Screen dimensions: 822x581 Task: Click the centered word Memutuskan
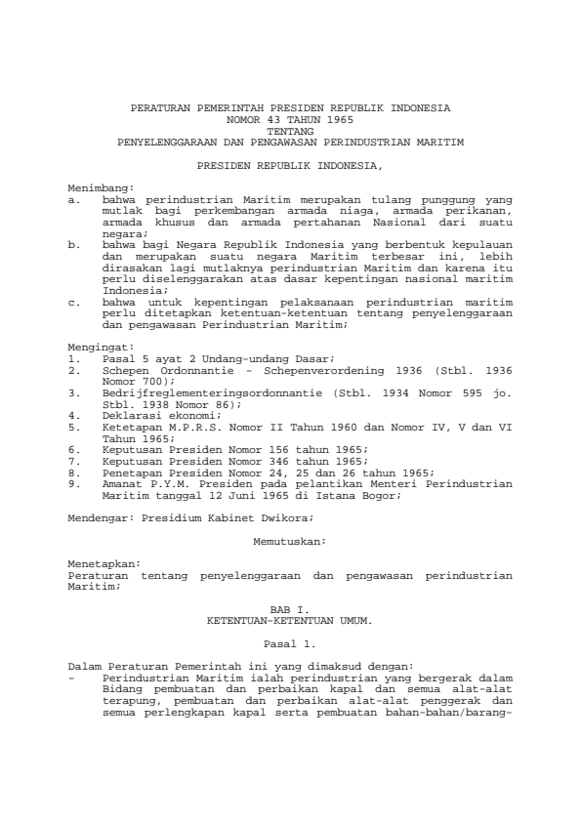coord(290,539)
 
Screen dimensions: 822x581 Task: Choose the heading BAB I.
coord(290,610)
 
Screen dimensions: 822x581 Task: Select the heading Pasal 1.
coord(290,643)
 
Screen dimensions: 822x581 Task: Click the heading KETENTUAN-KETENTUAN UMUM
coord(290,619)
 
